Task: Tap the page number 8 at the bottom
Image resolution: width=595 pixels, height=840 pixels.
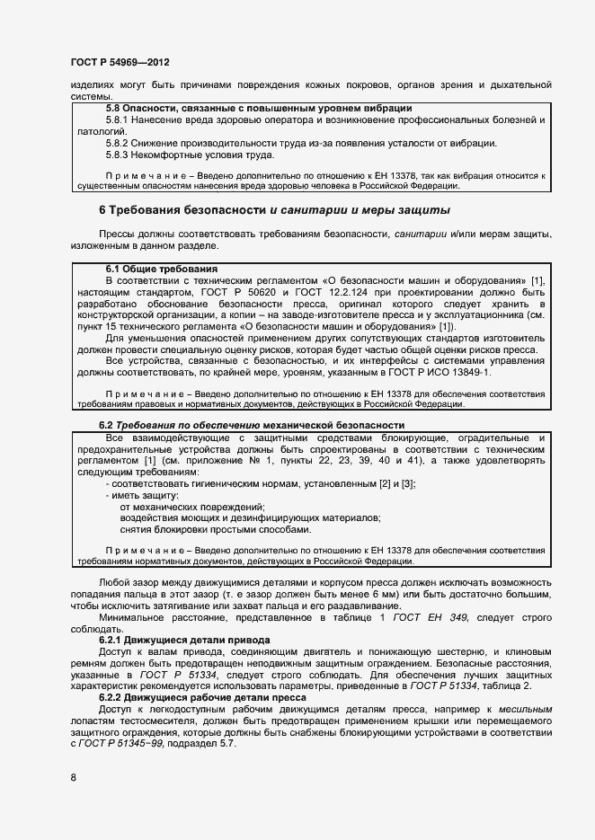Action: click(73, 778)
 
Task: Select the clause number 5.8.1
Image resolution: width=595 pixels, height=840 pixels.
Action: click(120, 119)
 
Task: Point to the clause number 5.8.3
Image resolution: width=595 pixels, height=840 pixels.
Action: click(120, 155)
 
